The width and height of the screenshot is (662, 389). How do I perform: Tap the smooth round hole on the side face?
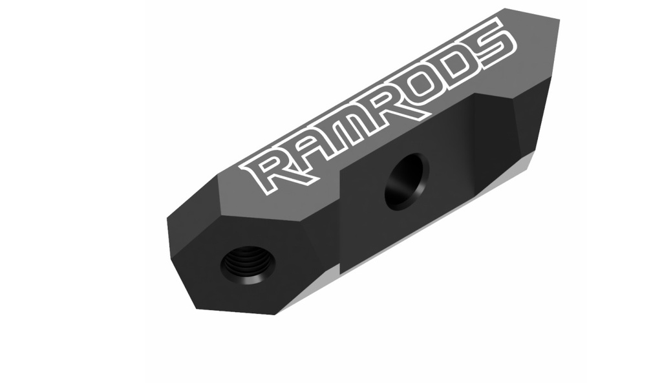pyautogui.click(x=406, y=180)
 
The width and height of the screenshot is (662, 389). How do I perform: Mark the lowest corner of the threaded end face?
pyautogui.click(x=277, y=313)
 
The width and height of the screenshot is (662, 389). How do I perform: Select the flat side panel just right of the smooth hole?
pyautogui.click(x=446, y=155)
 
